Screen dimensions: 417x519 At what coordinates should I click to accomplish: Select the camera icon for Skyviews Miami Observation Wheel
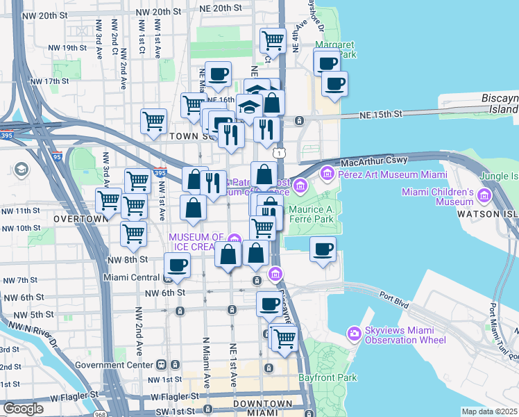pyautogui.click(x=355, y=333)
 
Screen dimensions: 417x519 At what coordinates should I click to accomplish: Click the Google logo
pyautogui.click(x=23, y=409)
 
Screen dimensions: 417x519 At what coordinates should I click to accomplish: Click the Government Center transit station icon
pyautogui.click(x=161, y=363)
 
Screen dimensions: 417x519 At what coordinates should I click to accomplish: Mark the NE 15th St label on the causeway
pyautogui.click(x=380, y=114)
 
